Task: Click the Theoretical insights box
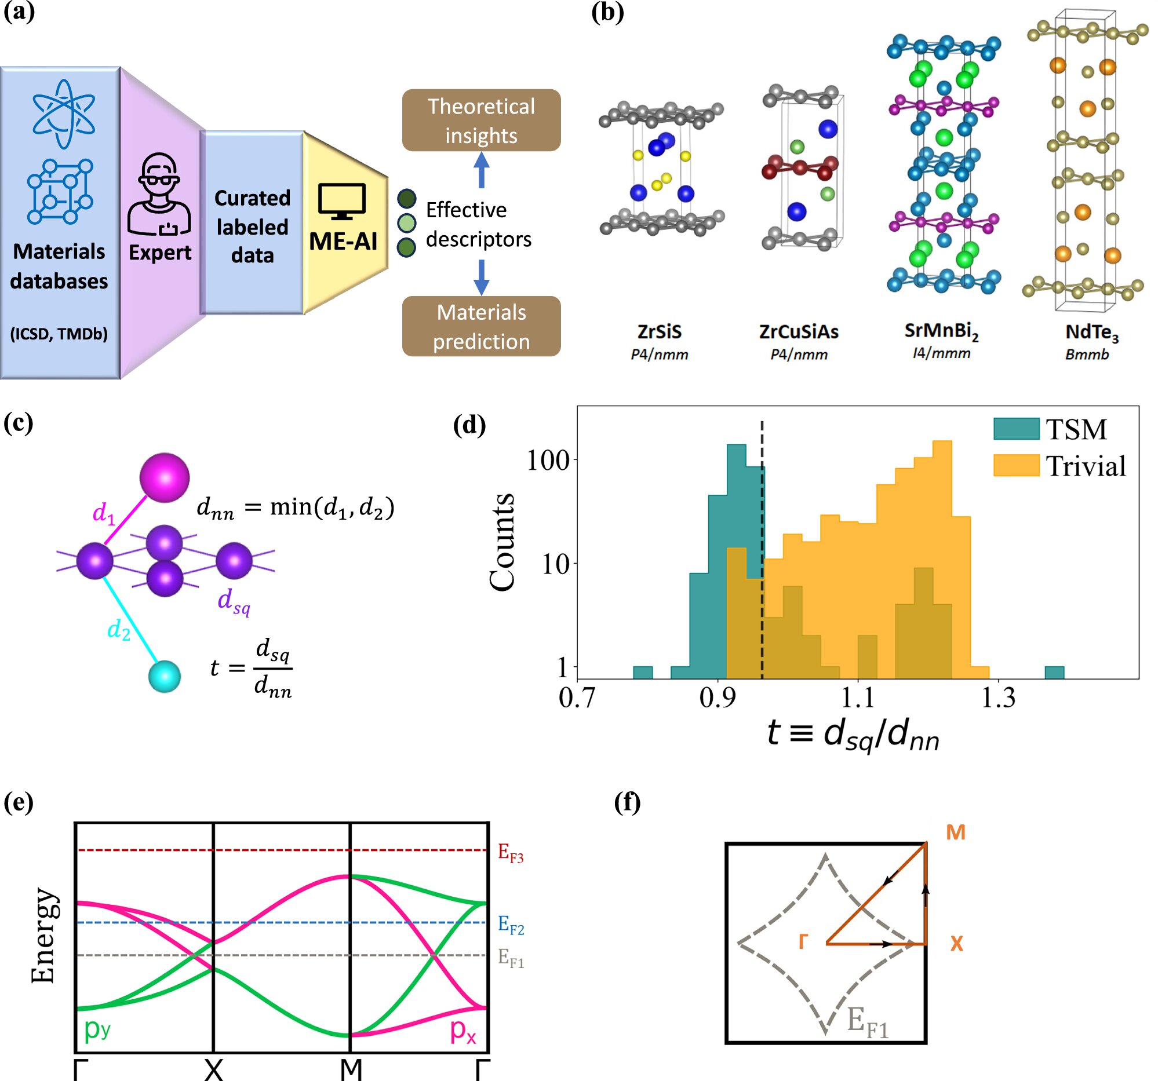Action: pos(481,120)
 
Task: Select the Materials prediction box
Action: pos(481,326)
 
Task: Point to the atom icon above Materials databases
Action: pos(64,114)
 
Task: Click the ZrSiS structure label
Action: pos(660,332)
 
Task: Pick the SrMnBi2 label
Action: pos(941,331)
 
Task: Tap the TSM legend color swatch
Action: pos(1017,429)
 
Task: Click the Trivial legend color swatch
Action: pos(1017,465)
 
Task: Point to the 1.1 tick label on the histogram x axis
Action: pos(858,698)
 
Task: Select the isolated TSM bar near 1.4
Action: pos(1054,673)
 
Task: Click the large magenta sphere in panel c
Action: pos(165,477)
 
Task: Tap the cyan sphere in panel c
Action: pos(164,677)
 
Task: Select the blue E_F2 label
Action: pos(511,925)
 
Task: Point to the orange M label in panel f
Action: pos(955,832)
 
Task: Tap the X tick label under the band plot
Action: pos(214,1069)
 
